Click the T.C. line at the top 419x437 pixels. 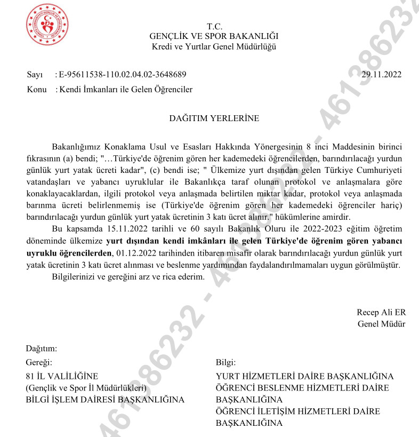(214, 27)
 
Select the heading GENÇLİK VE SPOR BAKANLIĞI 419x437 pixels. (214, 36)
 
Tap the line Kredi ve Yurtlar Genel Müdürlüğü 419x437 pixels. (214, 46)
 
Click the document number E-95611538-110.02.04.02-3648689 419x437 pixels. (123, 74)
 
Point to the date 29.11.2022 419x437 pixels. (381, 74)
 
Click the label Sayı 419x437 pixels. (35, 74)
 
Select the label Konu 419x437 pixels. (36, 90)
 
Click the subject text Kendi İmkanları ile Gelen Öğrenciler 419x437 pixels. (126, 90)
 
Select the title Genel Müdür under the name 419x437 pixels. (381, 323)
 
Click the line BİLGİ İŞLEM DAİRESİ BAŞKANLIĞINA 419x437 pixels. (105, 400)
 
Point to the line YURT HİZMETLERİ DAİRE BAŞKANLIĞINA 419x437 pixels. (304, 376)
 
